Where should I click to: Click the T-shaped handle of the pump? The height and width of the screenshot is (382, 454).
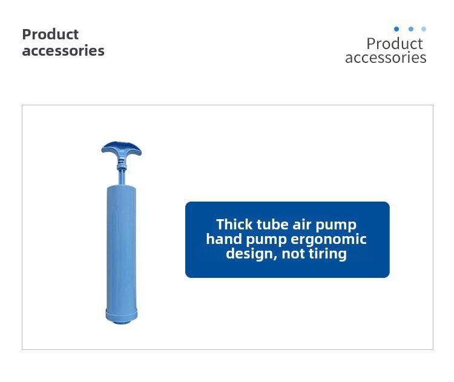(x=121, y=148)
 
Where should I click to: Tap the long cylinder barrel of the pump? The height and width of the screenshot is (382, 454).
(x=121, y=248)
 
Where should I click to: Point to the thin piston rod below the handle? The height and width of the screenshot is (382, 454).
(x=122, y=177)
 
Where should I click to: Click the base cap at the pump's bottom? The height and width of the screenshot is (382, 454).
(x=121, y=317)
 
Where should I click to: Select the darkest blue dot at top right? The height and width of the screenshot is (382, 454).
(x=396, y=29)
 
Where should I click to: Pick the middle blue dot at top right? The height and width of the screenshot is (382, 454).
(x=410, y=29)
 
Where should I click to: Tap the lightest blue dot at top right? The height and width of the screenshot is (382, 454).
(x=424, y=29)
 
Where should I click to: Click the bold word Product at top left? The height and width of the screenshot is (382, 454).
(x=50, y=35)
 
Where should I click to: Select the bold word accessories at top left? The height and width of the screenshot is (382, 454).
(x=63, y=51)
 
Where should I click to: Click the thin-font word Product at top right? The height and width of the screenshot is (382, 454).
(x=395, y=44)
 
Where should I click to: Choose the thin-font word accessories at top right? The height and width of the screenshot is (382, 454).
(x=386, y=58)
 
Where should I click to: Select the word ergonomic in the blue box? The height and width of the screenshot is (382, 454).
(x=328, y=240)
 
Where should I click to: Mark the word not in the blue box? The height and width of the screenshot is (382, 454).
(x=293, y=254)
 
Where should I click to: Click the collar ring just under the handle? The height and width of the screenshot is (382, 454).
(x=122, y=166)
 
